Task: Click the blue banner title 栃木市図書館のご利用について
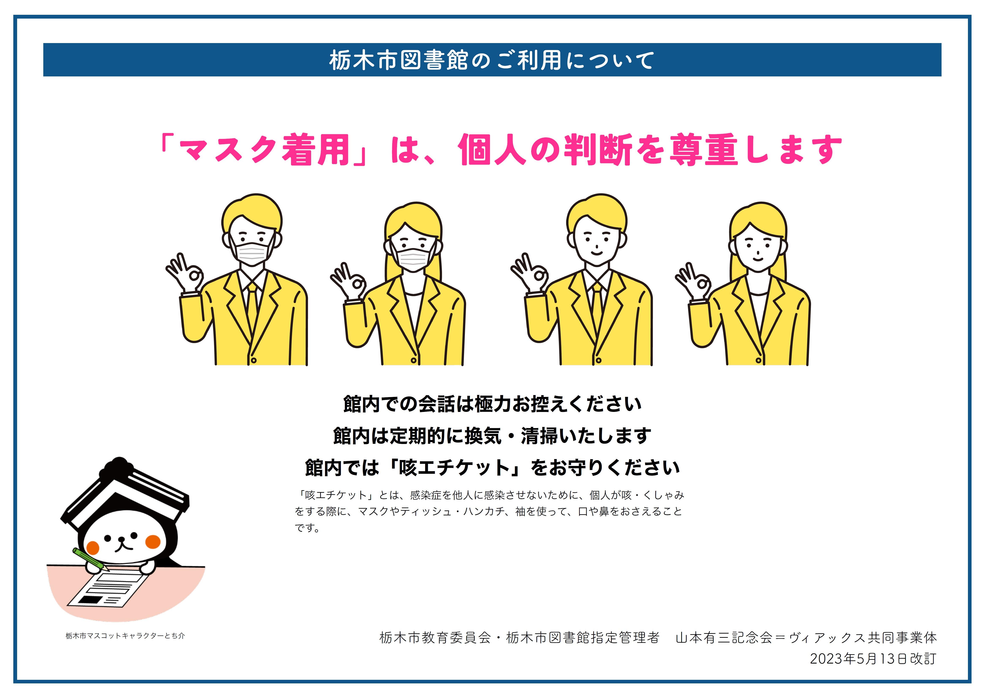pos(491,60)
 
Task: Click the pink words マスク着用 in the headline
pos(264,150)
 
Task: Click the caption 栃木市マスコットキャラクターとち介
pos(125,636)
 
